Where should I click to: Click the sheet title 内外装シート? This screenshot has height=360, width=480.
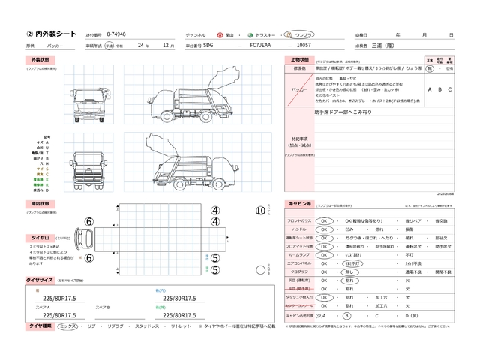(x=50, y=34)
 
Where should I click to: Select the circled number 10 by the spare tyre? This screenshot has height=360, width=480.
(x=260, y=211)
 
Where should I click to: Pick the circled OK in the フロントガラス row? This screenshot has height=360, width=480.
(x=325, y=222)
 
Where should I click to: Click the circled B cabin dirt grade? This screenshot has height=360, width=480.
(x=346, y=316)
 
